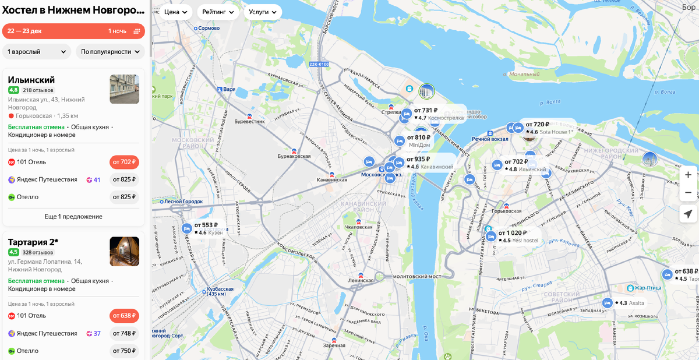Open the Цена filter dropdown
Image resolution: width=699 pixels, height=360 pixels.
(x=176, y=12)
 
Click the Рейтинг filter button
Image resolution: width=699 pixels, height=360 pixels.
(x=218, y=12)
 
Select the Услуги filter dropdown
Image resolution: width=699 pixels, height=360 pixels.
(x=263, y=12)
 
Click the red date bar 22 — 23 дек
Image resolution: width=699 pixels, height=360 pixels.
(x=73, y=31)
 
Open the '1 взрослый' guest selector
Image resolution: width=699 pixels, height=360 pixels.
(x=37, y=51)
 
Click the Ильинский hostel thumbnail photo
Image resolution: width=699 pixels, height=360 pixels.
(x=124, y=89)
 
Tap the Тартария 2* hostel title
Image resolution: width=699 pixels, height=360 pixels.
(x=33, y=242)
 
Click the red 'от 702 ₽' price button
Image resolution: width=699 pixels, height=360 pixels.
(x=124, y=162)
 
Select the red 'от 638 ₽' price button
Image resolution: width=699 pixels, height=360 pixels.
(x=124, y=316)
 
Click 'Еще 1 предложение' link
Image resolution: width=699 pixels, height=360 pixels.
(x=73, y=216)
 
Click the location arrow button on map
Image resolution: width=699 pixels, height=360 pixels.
(x=688, y=214)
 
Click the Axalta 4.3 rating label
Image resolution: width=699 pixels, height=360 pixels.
(x=631, y=303)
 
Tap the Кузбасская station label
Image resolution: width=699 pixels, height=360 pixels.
(x=221, y=290)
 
